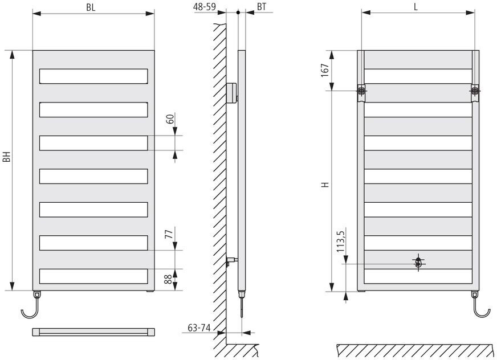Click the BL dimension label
(91, 7)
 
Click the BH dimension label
(7, 156)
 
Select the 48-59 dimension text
(205, 7)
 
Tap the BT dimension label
(262, 7)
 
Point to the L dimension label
(415, 7)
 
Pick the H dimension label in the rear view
(325, 185)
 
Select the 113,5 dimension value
(340, 241)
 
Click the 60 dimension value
(170, 118)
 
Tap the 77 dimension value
(170, 234)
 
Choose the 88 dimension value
(169, 279)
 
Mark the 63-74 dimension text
(199, 328)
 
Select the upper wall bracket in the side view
(232, 92)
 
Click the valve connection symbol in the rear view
(419, 263)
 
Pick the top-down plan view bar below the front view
(93, 332)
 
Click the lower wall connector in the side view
(232, 261)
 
